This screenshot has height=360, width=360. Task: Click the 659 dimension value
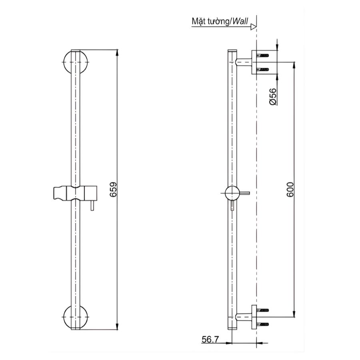click(113, 190)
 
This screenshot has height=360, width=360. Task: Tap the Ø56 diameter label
click(273, 97)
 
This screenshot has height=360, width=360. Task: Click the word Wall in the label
click(241, 21)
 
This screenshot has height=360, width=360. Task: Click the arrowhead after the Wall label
click(253, 27)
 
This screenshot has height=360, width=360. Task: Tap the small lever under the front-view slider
click(92, 206)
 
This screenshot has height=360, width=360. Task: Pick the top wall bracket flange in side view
click(254, 62)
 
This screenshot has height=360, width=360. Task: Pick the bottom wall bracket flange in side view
click(254, 317)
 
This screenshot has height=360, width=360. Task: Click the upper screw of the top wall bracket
click(262, 55)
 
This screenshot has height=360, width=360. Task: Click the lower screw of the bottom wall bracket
click(262, 324)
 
